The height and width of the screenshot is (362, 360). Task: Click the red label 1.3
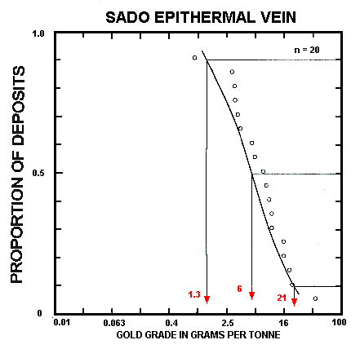[194, 294]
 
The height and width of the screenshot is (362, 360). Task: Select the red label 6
[239, 289]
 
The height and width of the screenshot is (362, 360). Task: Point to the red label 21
[282, 299]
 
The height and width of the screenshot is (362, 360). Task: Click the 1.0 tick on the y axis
[38, 33]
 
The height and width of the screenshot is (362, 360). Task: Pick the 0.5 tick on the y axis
[38, 173]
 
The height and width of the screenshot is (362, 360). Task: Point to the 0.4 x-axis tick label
[172, 324]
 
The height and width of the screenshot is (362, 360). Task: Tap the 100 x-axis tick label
[338, 324]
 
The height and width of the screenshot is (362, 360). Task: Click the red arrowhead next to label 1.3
[207, 300]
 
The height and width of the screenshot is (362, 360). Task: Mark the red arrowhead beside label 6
[251, 295]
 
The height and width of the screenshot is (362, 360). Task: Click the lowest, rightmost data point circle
[314, 298]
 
